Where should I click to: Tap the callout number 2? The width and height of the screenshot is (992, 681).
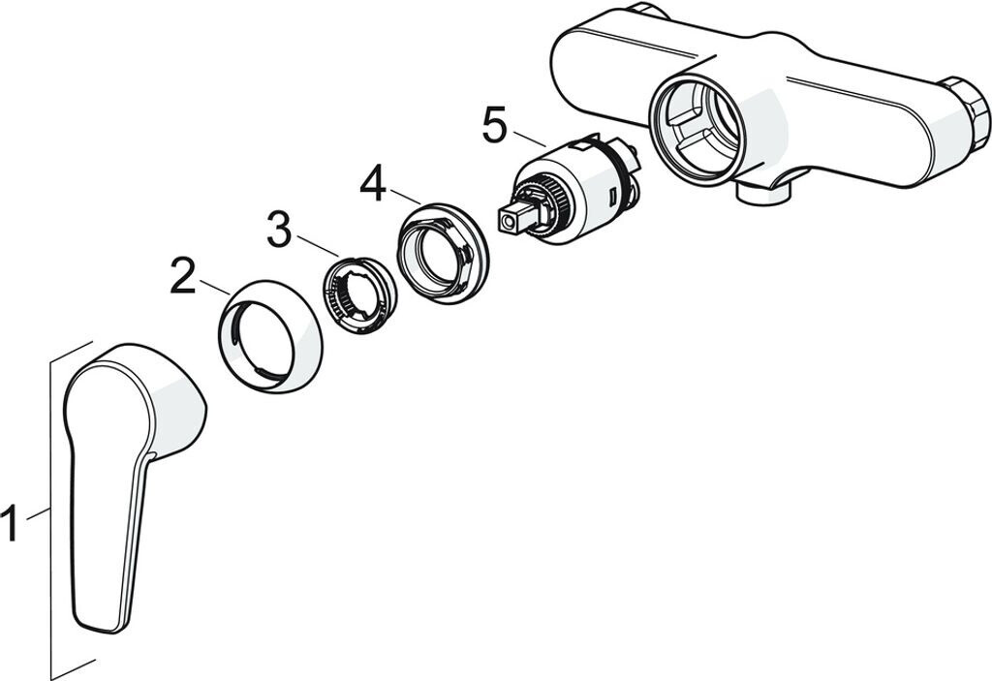pos(182,277)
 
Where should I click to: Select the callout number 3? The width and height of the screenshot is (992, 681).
pos(279,230)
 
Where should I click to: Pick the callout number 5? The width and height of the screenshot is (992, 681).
pos(493,127)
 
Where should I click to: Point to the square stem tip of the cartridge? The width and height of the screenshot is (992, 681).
pos(511,221)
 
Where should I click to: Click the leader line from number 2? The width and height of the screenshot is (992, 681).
pos(214,288)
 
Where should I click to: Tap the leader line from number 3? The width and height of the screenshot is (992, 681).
pos(316,246)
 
